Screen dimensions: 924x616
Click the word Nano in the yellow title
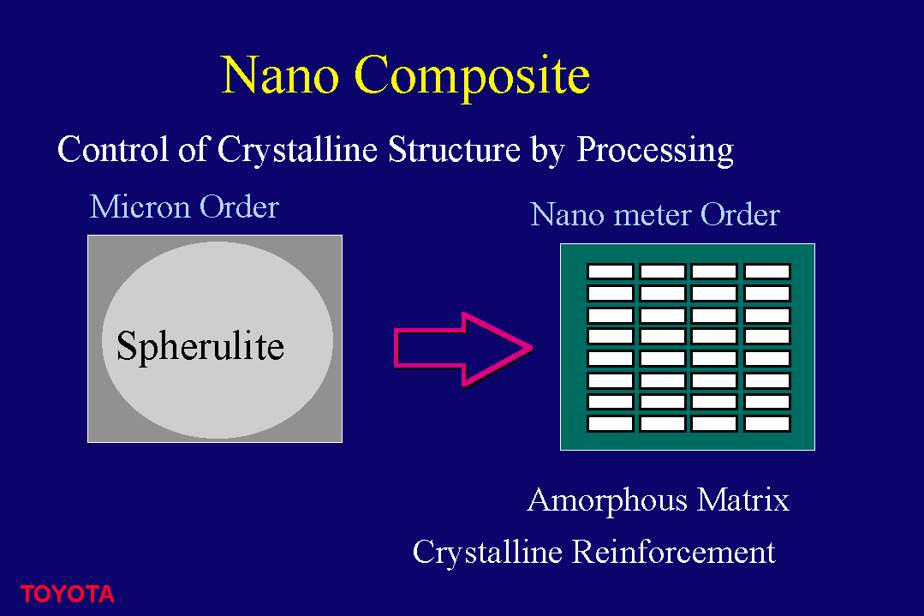pyautogui.click(x=280, y=75)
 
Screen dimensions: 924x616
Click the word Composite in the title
pyautogui.click(x=472, y=76)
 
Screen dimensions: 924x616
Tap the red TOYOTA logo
pyautogui.click(x=67, y=595)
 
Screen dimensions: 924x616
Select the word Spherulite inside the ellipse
pyautogui.click(x=200, y=347)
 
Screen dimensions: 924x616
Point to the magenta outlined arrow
pyautogui.click(x=464, y=349)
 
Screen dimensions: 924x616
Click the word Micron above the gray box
pyautogui.click(x=140, y=207)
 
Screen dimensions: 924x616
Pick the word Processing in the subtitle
pyautogui.click(x=655, y=150)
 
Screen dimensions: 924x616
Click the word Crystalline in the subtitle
pyautogui.click(x=297, y=150)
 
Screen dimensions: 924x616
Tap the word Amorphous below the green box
pyautogui.click(x=607, y=501)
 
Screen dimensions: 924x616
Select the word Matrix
pyautogui.click(x=742, y=499)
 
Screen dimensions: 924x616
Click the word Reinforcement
pyautogui.click(x=674, y=553)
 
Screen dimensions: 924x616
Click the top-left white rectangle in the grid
pyautogui.click(x=611, y=271)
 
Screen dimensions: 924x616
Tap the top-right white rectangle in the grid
pyautogui.click(x=766, y=271)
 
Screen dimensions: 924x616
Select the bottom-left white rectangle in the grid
pyautogui.click(x=611, y=424)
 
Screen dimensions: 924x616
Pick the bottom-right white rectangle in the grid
pyautogui.click(x=766, y=424)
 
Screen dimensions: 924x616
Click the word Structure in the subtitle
pyautogui.click(x=455, y=149)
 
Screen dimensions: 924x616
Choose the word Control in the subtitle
pyautogui.click(x=112, y=149)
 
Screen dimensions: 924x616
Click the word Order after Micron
pyautogui.click(x=239, y=207)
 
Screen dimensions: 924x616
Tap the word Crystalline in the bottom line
pyautogui.click(x=487, y=553)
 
